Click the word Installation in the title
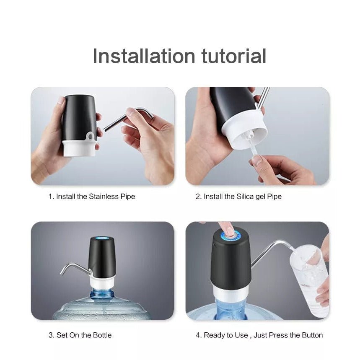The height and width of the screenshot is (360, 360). point(144,56)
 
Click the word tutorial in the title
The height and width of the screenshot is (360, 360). point(234,56)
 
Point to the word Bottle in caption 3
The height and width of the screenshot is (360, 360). point(102,335)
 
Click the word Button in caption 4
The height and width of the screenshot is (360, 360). point(312,335)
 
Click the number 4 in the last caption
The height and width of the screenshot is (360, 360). point(198,335)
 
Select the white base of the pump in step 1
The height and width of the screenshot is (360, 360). point(80,148)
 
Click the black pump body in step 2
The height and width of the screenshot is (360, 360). point(232,108)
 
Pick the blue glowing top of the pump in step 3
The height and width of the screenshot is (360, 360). point(102,239)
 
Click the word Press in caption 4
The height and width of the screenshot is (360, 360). point(279,335)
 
